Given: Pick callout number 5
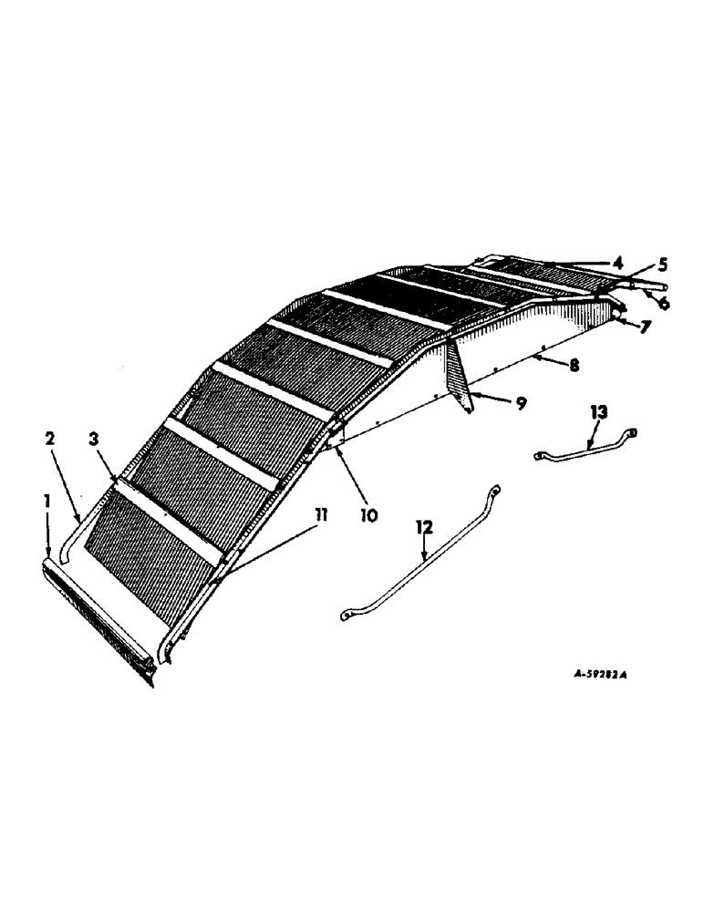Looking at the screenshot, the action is pos(663,265).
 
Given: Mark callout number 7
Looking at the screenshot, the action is pos(645,326).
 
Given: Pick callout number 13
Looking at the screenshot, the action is pos(598,413).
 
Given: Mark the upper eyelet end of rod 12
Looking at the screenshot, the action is pos(494,491).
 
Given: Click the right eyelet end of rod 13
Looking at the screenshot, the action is pos(633,434).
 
